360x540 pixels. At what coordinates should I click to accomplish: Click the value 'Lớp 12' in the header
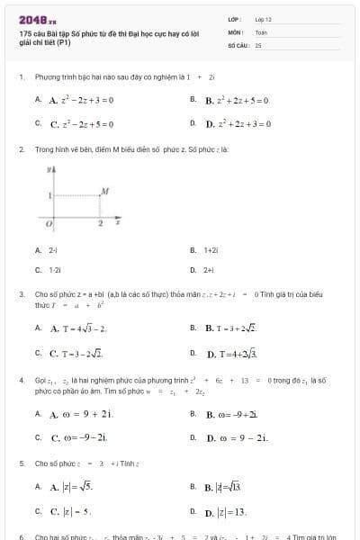pos(264,18)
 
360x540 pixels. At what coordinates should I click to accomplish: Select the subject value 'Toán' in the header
pos(261,31)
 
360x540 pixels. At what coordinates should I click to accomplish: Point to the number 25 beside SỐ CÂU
pos(258,43)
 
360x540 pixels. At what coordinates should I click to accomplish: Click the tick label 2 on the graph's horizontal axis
pos(100,221)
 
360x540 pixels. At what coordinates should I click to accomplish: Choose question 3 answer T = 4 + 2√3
pos(232,353)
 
